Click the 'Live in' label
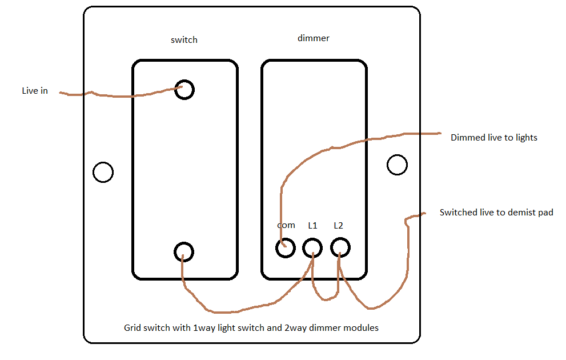click(x=35, y=91)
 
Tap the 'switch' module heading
click(x=184, y=40)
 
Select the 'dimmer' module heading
click(x=314, y=38)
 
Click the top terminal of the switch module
click(x=184, y=90)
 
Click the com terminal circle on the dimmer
click(x=285, y=248)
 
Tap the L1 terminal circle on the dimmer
click(x=312, y=248)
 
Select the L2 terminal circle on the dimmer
click(x=340, y=248)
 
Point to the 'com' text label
click(x=286, y=225)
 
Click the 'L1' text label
click(x=312, y=225)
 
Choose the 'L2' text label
click(x=339, y=225)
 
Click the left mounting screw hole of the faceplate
click(x=103, y=172)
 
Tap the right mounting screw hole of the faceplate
click(x=397, y=165)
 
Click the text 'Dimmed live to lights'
click(x=493, y=138)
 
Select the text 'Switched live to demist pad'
click(x=496, y=213)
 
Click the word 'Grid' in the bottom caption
click(x=132, y=328)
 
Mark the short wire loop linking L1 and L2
click(x=327, y=297)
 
